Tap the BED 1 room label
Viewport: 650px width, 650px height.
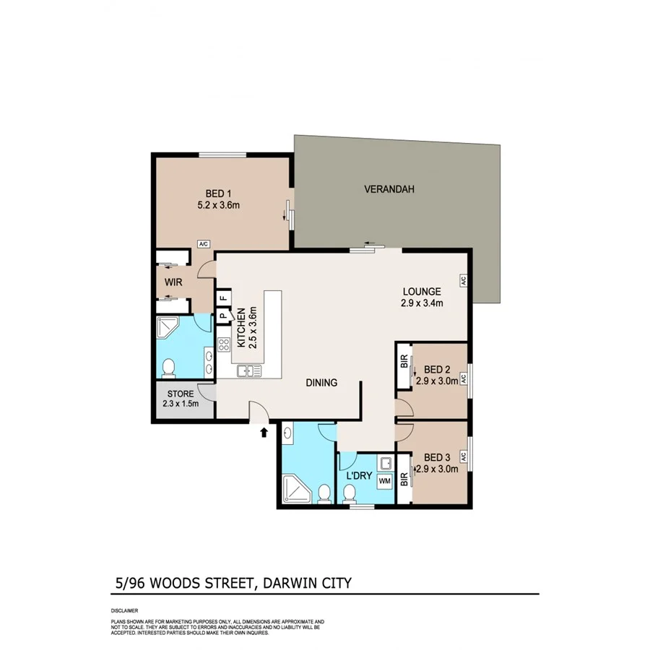(218, 194)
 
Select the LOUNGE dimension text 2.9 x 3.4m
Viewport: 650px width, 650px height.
(421, 303)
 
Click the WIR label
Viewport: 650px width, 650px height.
(173, 282)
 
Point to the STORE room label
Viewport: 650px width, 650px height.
(181, 394)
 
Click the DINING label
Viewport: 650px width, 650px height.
(321, 383)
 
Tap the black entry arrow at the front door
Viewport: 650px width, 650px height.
(264, 433)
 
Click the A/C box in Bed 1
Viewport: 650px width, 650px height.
(204, 244)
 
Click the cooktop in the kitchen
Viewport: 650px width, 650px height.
(224, 345)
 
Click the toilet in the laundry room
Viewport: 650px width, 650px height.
(350, 494)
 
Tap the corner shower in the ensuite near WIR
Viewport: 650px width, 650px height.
(169, 329)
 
